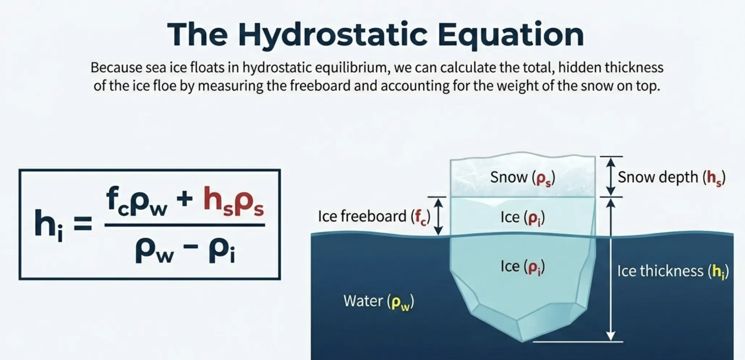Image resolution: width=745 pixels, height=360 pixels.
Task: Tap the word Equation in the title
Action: [510, 35]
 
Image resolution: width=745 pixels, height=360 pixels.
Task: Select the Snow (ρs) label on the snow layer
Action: [522, 178]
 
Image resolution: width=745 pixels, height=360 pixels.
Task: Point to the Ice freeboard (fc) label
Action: [374, 217]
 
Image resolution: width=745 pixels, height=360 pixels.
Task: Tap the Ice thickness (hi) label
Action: [673, 271]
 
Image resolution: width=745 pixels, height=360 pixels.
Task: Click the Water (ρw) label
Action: [378, 301]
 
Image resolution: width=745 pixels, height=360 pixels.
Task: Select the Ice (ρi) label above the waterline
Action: [522, 218]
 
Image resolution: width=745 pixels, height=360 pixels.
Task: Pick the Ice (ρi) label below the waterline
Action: [522, 267]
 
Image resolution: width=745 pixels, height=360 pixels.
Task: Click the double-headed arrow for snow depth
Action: [611, 177]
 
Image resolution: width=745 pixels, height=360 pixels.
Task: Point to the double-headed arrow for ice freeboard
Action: [438, 217]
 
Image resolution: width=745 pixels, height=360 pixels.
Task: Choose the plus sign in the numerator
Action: [185, 200]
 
